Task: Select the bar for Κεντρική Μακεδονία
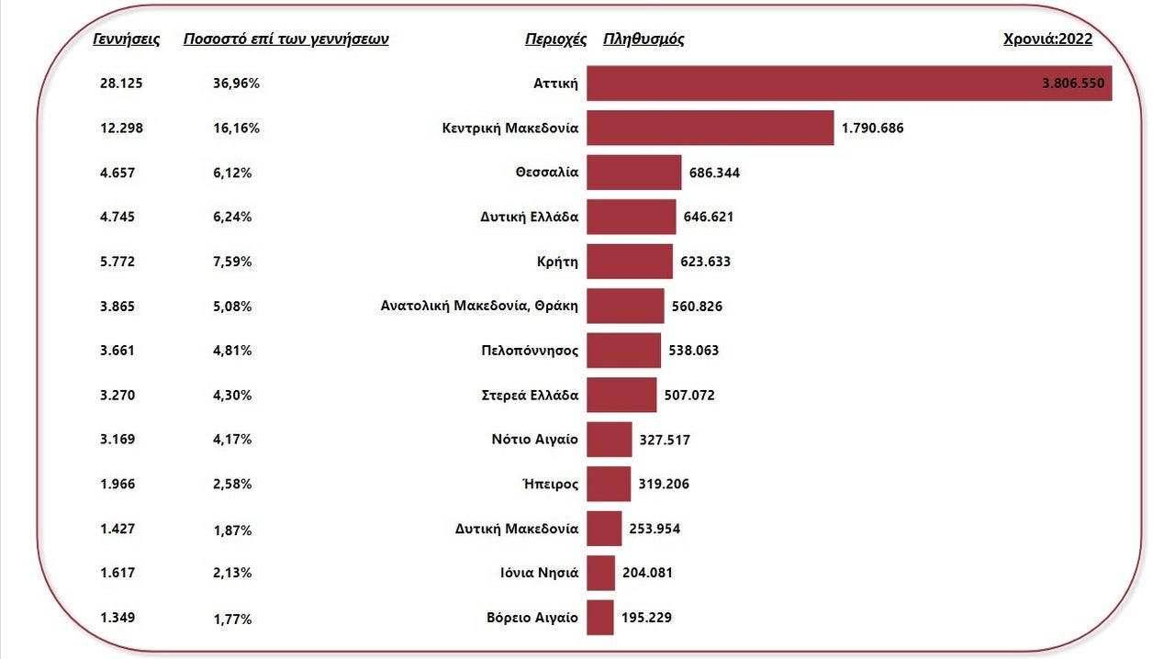click(x=710, y=128)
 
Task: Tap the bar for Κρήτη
click(x=629, y=262)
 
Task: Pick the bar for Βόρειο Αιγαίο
click(x=599, y=617)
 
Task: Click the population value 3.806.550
click(x=1075, y=83)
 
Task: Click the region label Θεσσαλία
click(x=547, y=172)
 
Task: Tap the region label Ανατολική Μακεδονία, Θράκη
click(x=479, y=306)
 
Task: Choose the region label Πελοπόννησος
click(x=530, y=351)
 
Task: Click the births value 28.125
click(x=121, y=83)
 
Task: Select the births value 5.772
click(x=117, y=262)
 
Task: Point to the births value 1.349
click(x=117, y=617)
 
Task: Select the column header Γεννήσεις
click(x=127, y=39)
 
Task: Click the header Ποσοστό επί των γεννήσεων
click(x=286, y=39)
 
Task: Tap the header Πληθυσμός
click(x=643, y=39)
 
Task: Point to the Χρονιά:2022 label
click(x=1048, y=39)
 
